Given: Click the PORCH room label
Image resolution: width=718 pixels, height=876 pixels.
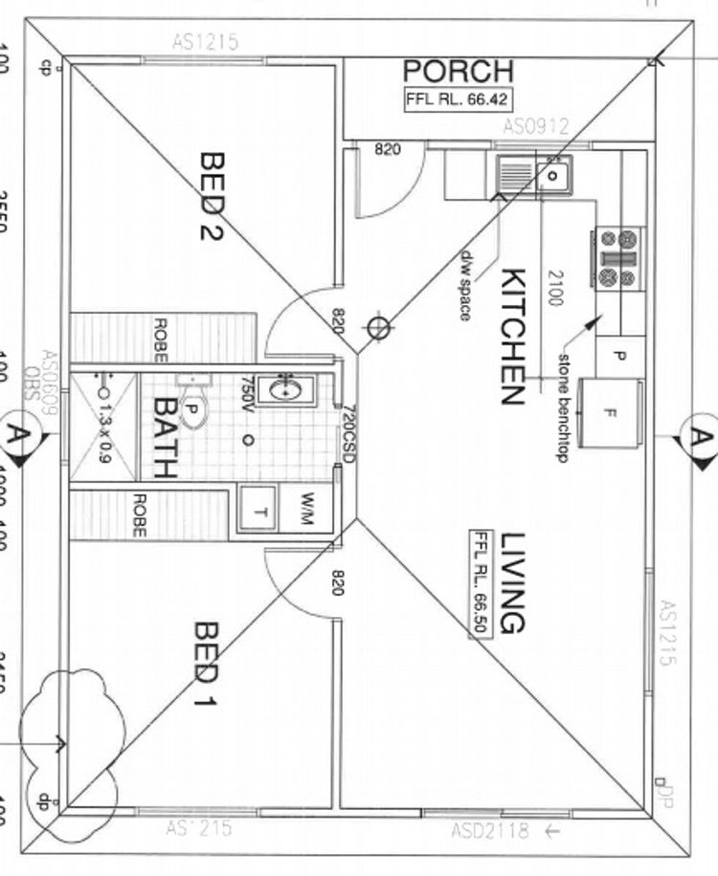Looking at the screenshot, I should [458, 71].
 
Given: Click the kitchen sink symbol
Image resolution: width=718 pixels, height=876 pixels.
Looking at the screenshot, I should [533, 175].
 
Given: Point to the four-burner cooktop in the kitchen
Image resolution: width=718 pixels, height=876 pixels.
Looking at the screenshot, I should [618, 257].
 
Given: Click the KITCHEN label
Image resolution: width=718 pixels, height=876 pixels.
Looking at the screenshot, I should [513, 337].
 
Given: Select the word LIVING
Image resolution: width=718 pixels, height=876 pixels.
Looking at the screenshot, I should [512, 583].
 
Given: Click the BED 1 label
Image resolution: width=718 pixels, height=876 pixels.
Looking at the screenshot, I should [207, 665].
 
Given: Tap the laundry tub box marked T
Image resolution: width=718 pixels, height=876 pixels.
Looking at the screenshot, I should [257, 510].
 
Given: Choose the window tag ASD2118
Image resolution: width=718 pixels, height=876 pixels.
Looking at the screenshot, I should [489, 831].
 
